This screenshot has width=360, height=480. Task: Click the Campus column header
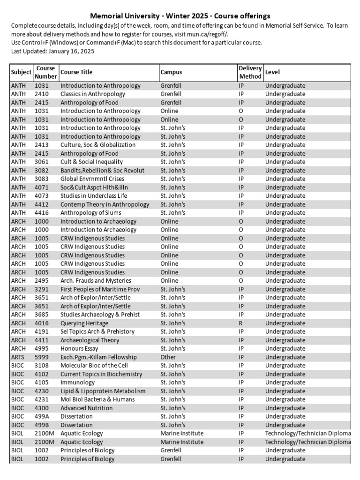pos(171,72)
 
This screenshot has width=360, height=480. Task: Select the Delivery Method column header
pos(250,72)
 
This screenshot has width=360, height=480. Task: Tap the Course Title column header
pos(76,72)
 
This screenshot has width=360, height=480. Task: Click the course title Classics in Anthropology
pos(93,94)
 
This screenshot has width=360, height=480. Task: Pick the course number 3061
pos(41,162)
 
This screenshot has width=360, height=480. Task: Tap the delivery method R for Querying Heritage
pos(240,323)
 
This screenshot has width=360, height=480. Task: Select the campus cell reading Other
pos(168,357)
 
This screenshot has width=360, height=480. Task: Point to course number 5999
pos(41,357)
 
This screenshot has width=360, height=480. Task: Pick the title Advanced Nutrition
pos(86,408)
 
